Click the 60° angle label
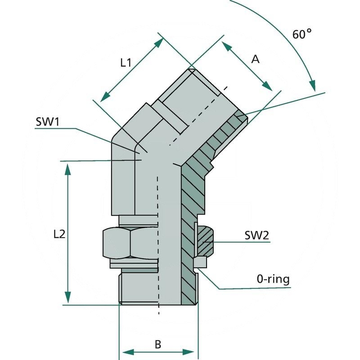pos(302,34)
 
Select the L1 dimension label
pos(126,63)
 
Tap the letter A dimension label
pos(255,59)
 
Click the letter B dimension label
pos(158,345)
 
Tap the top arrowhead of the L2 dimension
pos(67,169)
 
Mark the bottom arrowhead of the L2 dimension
pos(67,297)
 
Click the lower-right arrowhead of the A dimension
pos(268,86)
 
